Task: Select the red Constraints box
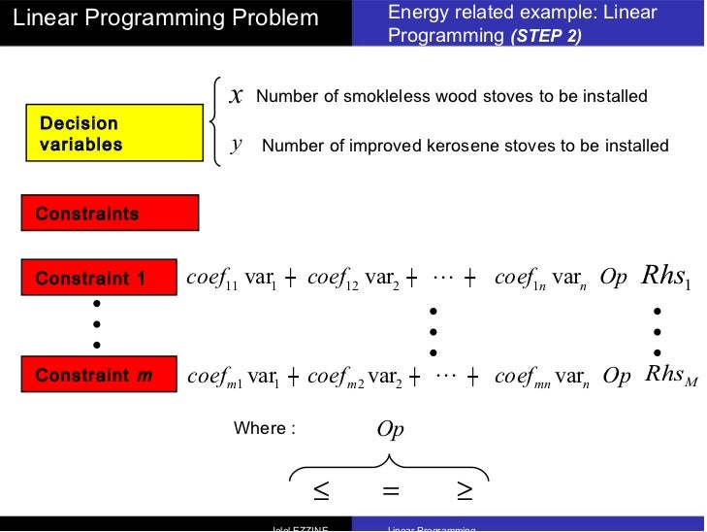pos(110,214)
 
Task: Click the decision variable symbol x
pos(236,95)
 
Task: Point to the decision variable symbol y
pos(236,146)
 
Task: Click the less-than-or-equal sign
pos(321,493)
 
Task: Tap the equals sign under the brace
pos(391,493)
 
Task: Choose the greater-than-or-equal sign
pos(464,493)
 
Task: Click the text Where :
pos(264,428)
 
